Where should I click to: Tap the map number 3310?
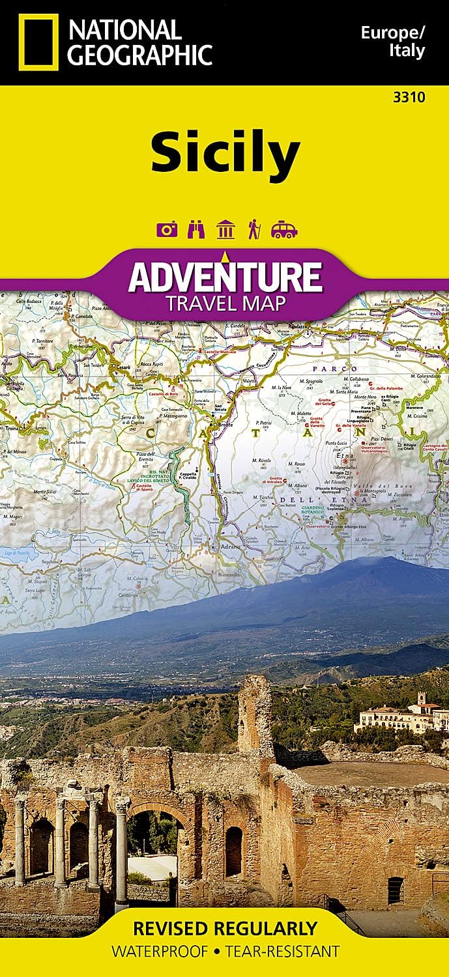[x=409, y=98]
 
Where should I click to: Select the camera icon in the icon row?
[x=167, y=229]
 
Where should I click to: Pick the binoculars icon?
[x=196, y=229]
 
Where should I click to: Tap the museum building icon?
[x=225, y=229]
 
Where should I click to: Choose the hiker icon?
[x=253, y=229]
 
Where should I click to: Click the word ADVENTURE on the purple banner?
[x=225, y=276]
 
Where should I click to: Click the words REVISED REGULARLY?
[x=225, y=927]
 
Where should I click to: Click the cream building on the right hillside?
[x=391, y=718]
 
